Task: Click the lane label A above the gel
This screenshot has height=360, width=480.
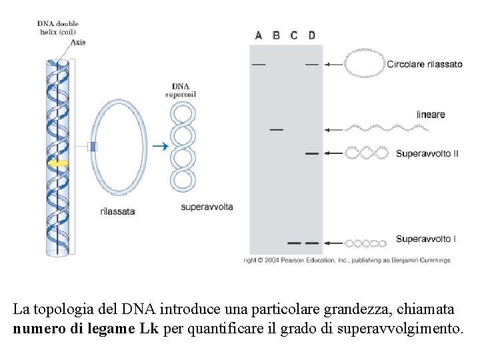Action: click(259, 35)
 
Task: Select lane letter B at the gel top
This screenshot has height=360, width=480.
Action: click(276, 35)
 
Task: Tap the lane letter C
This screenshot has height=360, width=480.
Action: click(294, 35)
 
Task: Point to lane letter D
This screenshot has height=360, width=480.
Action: click(312, 35)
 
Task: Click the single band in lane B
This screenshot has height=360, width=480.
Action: click(276, 129)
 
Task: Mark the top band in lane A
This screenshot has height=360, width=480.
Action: click(259, 65)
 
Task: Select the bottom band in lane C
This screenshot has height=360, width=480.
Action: click(294, 243)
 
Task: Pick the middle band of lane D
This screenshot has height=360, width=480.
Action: click(311, 154)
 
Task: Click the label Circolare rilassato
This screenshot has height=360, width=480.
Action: click(424, 65)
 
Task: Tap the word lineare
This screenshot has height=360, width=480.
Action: click(431, 115)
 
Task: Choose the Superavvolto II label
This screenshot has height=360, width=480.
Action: click(427, 153)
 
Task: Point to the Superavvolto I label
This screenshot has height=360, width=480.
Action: click(425, 239)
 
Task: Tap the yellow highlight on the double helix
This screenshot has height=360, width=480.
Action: click(59, 162)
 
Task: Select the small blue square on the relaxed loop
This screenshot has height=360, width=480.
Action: click(93, 147)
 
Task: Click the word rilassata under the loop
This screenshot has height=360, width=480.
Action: click(117, 211)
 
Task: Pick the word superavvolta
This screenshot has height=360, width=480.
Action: click(207, 207)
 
